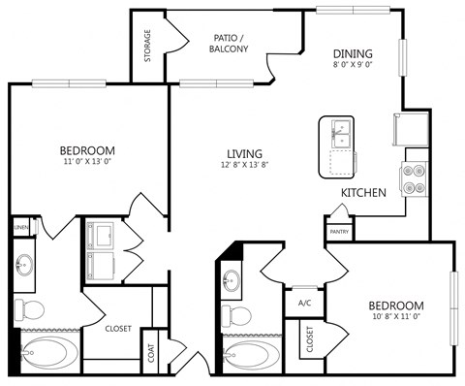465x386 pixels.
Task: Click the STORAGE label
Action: click(148, 46)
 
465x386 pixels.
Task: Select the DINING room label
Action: click(354, 54)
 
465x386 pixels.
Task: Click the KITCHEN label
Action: click(363, 193)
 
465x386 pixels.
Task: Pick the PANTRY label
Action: click(339, 232)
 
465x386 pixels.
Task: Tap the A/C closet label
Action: click(303, 302)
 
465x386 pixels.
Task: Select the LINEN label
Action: click(20, 227)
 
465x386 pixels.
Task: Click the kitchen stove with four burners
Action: click(415, 178)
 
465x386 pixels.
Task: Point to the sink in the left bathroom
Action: click(26, 264)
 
